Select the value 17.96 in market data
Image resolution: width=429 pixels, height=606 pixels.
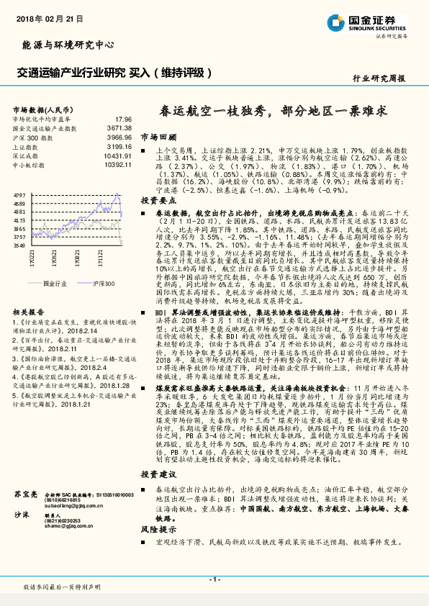(123, 119)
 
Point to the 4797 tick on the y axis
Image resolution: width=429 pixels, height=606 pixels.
(19, 195)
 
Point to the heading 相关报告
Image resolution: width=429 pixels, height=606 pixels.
(30, 311)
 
